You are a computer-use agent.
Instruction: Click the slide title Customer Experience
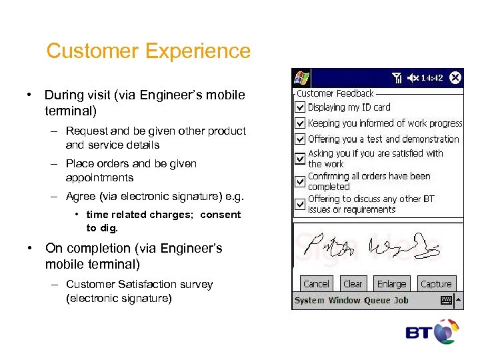[x=148, y=51]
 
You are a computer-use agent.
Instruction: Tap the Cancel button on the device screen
[x=316, y=283]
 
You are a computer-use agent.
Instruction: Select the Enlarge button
[x=391, y=283]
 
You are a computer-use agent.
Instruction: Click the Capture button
[x=436, y=283]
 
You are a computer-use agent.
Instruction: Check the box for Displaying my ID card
[x=301, y=107]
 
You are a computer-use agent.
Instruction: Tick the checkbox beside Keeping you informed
[x=301, y=123]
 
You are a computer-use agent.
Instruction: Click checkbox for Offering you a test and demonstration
[x=301, y=139]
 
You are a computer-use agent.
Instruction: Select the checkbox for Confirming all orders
[x=301, y=182]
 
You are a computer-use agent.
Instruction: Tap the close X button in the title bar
[x=455, y=77]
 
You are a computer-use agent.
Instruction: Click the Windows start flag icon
[x=301, y=77]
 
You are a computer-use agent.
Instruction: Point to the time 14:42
[x=432, y=78]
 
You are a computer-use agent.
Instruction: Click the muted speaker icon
[x=413, y=78]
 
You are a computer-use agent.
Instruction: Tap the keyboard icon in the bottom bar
[x=447, y=301]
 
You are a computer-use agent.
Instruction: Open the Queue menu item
[x=377, y=301]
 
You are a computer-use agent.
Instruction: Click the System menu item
[x=309, y=301]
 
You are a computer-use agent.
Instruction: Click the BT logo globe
[x=446, y=332]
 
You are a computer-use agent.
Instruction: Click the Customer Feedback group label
[x=335, y=94]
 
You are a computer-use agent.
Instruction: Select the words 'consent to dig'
[x=163, y=221]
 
